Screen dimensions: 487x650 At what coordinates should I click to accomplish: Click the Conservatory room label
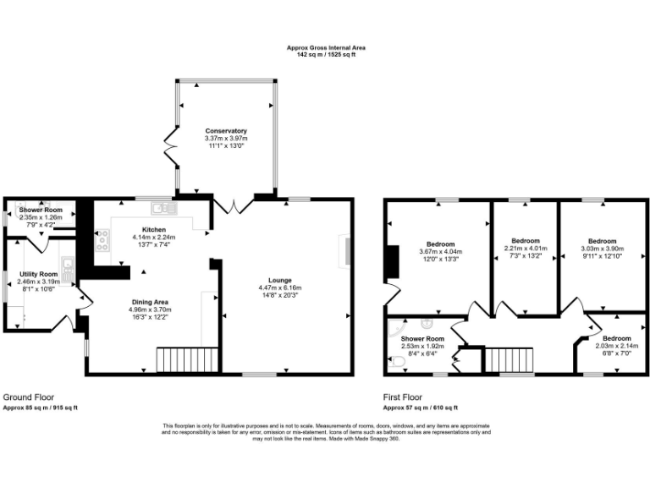click(x=226, y=131)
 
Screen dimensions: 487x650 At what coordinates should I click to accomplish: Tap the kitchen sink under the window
click(x=162, y=207)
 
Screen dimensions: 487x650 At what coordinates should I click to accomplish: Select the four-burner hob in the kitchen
click(x=102, y=242)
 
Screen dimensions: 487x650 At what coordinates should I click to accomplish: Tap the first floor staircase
click(x=509, y=360)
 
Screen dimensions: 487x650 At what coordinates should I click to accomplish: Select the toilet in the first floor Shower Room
click(x=397, y=361)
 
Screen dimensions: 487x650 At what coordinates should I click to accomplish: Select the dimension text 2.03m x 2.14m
click(x=617, y=345)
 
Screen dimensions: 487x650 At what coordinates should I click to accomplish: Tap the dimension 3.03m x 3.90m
click(x=602, y=249)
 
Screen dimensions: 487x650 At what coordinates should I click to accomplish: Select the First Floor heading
click(x=403, y=397)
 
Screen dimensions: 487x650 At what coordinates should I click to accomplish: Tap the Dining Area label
click(x=150, y=302)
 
